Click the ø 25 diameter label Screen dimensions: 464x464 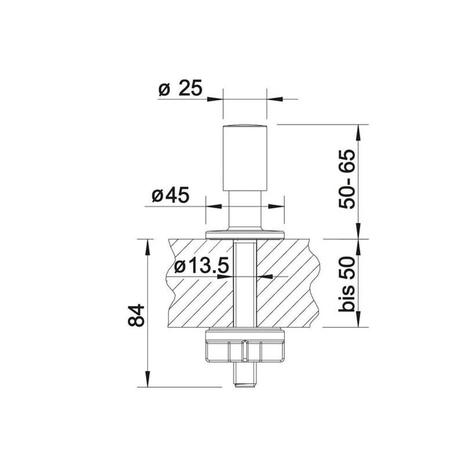point(180,88)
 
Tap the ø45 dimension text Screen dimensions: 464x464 point(170,196)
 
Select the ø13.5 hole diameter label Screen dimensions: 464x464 point(202,266)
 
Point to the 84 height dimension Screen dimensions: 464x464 point(136,315)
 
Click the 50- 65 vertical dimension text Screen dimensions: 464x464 point(347,179)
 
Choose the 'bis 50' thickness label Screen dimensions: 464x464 point(347,284)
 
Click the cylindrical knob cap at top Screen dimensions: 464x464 point(245,158)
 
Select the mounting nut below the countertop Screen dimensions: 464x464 point(245,346)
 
